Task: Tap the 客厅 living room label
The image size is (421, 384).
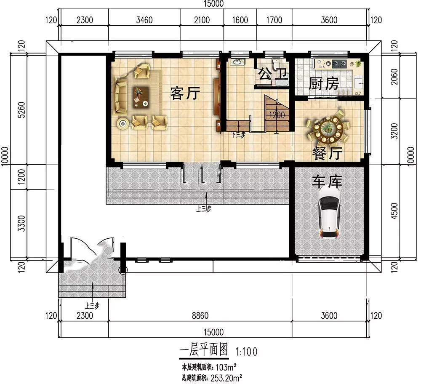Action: click(x=185, y=93)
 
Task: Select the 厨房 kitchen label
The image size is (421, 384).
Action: click(x=324, y=83)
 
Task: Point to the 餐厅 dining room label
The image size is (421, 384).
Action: click(x=327, y=153)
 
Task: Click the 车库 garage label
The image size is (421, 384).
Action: click(x=327, y=182)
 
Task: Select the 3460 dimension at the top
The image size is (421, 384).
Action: click(x=144, y=20)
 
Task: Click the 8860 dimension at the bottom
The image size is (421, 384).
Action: click(x=200, y=315)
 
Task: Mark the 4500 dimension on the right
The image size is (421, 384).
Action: click(x=394, y=211)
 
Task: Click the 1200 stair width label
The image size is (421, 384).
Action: click(x=277, y=115)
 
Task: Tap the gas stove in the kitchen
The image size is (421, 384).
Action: click(x=339, y=64)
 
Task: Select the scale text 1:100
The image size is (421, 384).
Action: click(x=246, y=352)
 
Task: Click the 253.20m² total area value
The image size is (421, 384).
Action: click(x=226, y=379)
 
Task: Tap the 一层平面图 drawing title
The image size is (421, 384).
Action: click(x=203, y=350)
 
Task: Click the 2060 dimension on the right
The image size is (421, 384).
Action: click(x=394, y=77)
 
